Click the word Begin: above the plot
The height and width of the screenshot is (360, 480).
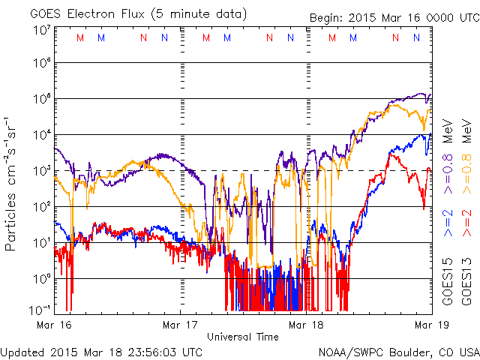point(327,18)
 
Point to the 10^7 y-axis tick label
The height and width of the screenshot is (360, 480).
point(41,30)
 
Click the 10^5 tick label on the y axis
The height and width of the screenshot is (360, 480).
point(41,101)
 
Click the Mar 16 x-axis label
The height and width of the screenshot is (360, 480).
point(54,325)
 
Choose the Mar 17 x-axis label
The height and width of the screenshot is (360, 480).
point(181,325)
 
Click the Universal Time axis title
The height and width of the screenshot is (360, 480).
point(243,337)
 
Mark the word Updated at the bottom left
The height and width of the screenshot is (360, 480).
point(23,351)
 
